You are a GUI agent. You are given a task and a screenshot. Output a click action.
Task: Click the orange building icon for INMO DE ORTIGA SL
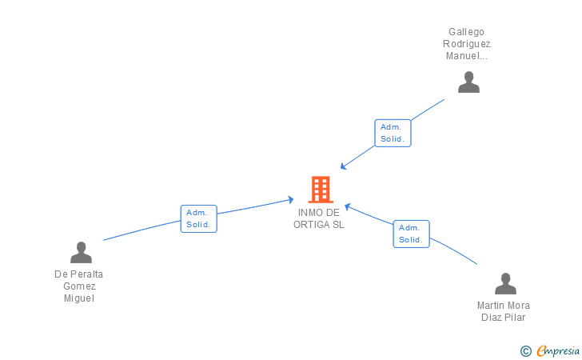coord(320,190)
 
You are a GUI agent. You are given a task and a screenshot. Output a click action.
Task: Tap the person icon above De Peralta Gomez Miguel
coord(81,253)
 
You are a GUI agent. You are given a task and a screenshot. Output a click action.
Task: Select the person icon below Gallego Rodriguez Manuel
coord(468,82)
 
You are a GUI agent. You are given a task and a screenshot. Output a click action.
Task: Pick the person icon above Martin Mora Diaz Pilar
coord(505,284)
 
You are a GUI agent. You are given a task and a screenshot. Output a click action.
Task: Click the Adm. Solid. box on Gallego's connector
coord(393,133)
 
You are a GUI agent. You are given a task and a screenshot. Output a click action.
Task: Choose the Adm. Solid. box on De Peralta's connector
coord(198,218)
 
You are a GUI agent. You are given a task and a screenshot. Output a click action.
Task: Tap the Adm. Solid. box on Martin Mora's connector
coord(411,234)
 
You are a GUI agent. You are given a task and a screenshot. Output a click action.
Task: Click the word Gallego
coord(467,32)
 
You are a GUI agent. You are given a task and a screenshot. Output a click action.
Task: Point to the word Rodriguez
coord(467,44)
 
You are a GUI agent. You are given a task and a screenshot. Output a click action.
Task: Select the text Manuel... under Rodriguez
coord(467,56)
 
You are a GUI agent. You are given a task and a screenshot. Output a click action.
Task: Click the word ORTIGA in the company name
coord(311,224)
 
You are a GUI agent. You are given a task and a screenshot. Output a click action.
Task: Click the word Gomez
coord(79,286)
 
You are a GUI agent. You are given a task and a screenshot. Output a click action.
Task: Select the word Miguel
coord(79,298)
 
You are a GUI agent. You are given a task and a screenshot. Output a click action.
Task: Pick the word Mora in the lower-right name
coord(517,305)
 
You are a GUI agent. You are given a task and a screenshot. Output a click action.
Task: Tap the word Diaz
coord(491,317)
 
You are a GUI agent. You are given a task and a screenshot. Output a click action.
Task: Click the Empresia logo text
coord(560,350)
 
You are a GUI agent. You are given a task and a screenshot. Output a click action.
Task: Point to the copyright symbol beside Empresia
coord(526,350)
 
